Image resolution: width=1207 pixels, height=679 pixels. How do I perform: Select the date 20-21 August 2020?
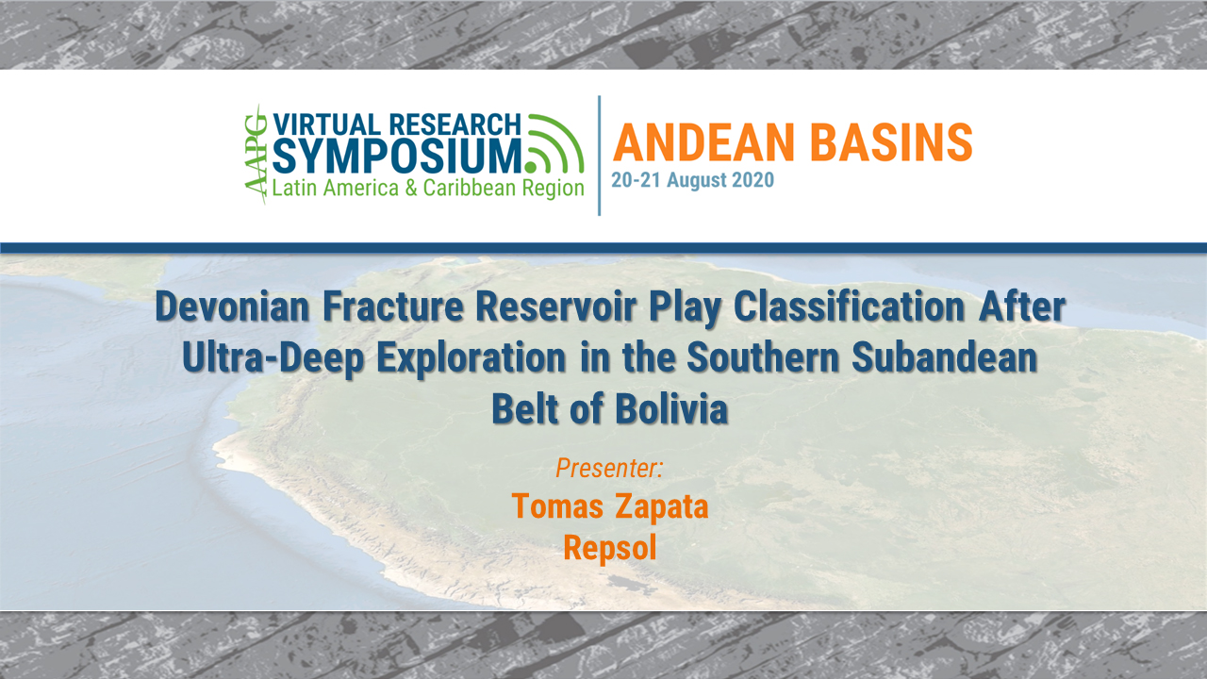tap(692, 180)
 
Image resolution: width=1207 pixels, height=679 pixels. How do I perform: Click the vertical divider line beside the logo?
tap(600, 155)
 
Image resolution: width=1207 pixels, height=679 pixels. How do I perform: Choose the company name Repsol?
tap(609, 547)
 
